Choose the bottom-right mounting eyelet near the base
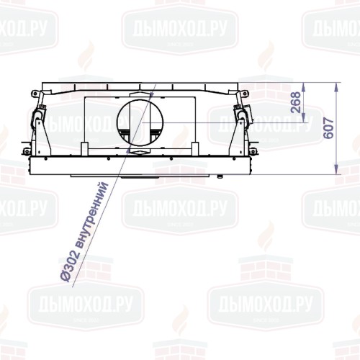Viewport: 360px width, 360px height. tap(253, 152)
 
